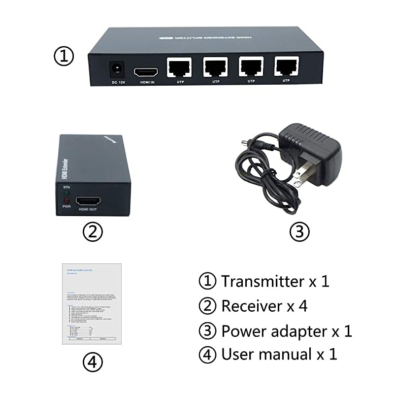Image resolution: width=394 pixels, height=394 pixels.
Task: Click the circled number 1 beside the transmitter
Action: pyautogui.click(x=64, y=56)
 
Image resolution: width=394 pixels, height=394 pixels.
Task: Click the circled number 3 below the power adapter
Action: pyautogui.click(x=300, y=231)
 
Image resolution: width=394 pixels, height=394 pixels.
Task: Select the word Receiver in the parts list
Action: pyautogui.click(x=251, y=306)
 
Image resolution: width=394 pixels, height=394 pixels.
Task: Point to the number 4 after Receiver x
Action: pyautogui.click(x=303, y=306)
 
